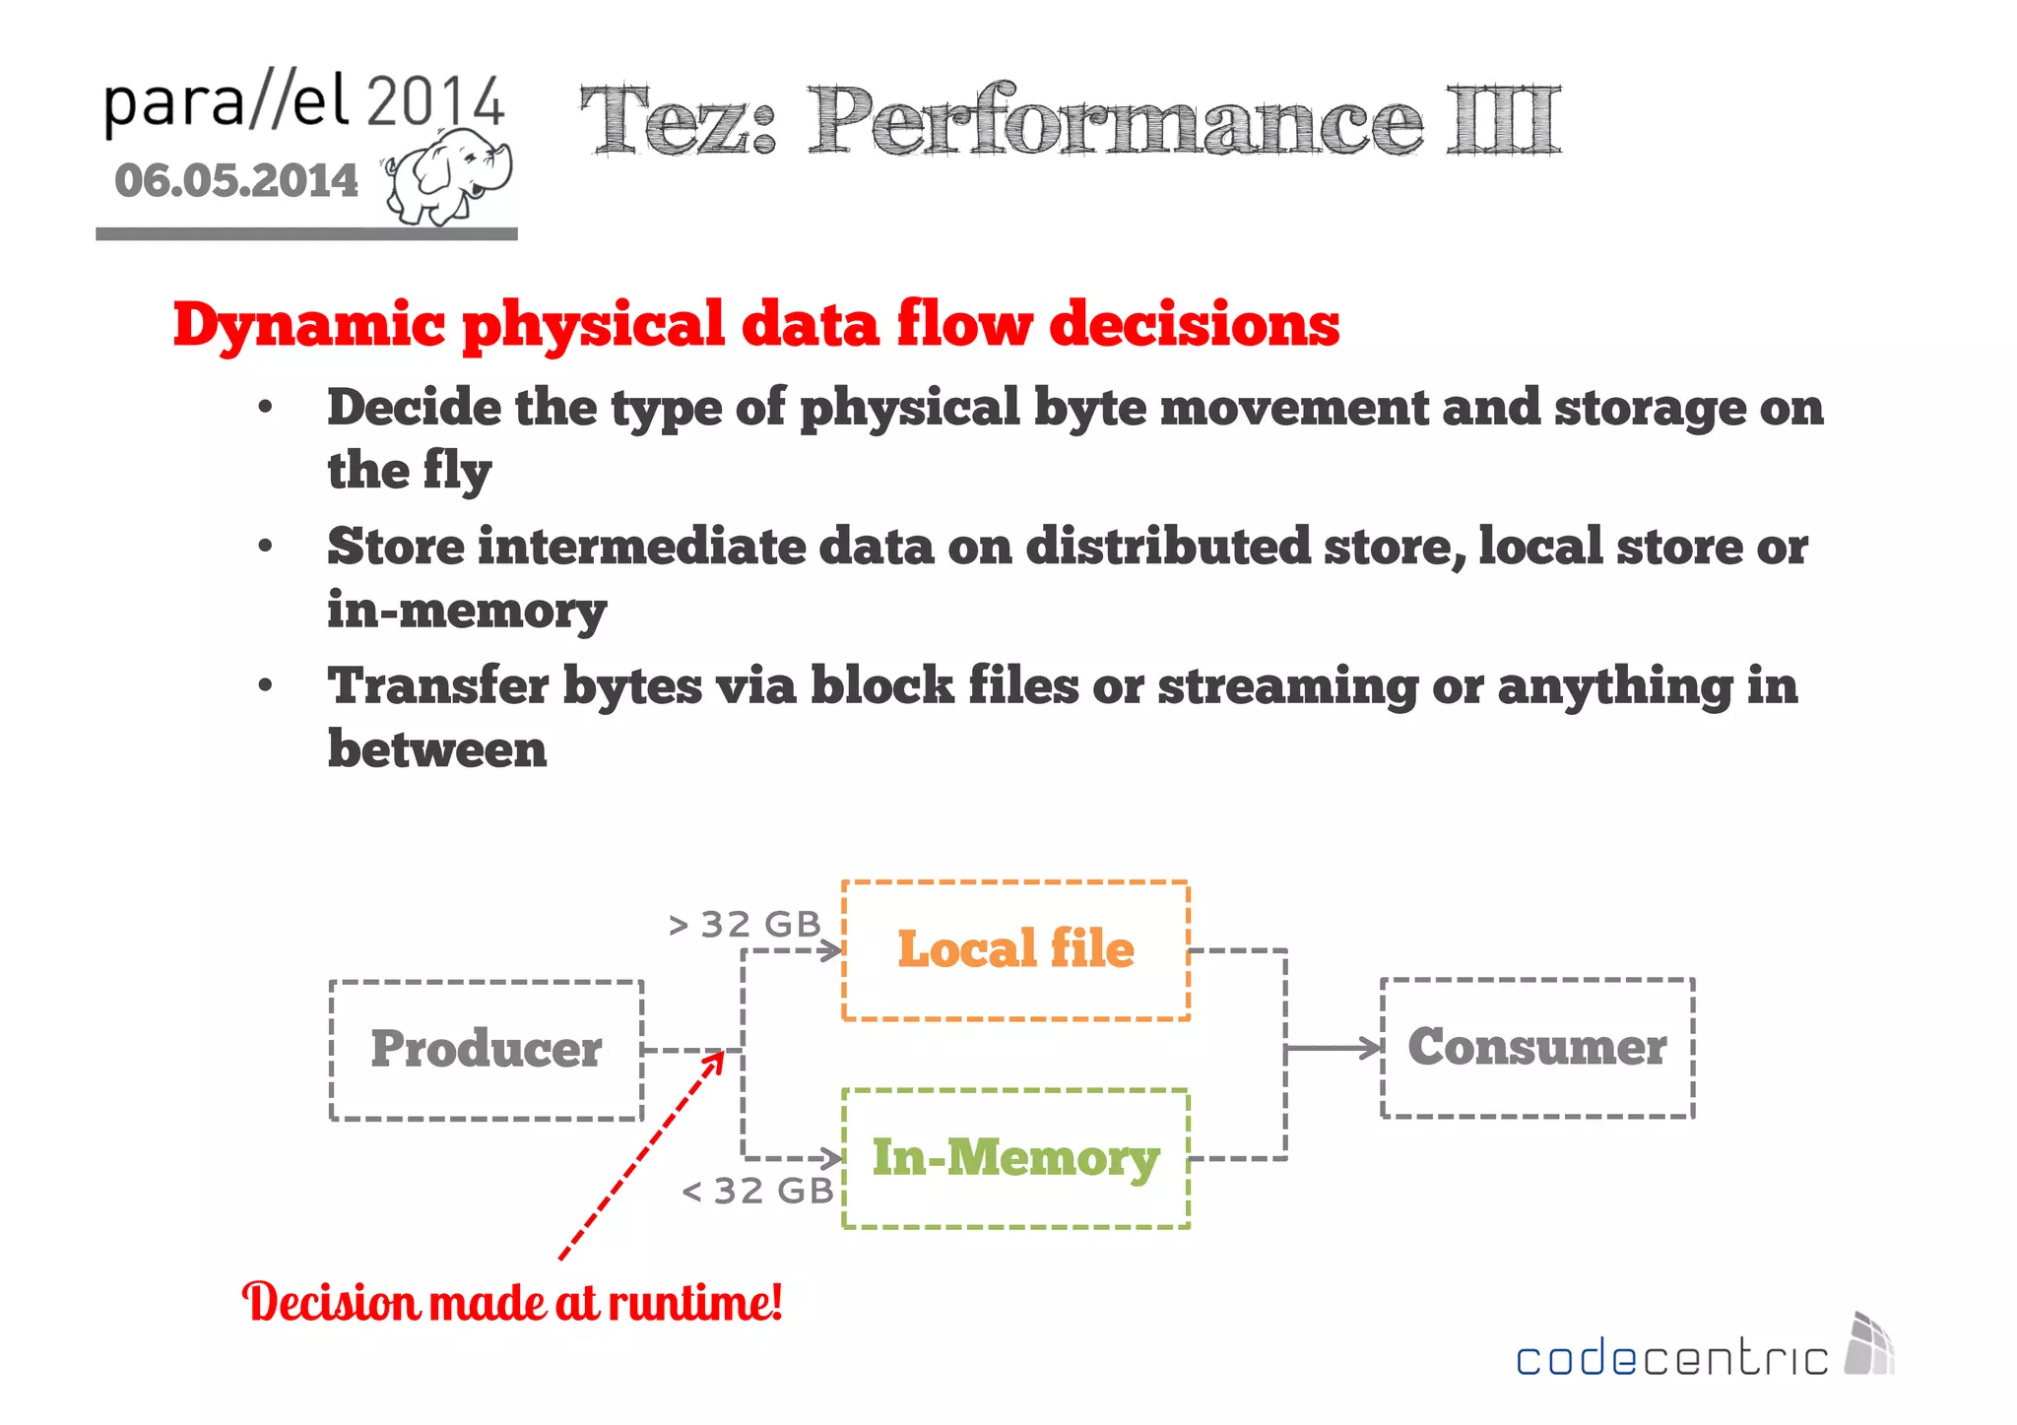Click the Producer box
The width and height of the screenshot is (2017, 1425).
pyautogui.click(x=487, y=1050)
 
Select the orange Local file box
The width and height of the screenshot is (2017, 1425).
pyautogui.click(x=1015, y=950)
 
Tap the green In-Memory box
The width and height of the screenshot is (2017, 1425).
pyautogui.click(x=1015, y=1158)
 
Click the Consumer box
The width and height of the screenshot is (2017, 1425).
pyautogui.click(x=1537, y=1047)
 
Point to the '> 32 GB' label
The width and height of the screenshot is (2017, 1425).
pyautogui.click(x=746, y=925)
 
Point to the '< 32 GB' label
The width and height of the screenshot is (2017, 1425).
pyautogui.click(x=758, y=1192)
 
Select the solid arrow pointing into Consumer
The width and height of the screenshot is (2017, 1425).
pyautogui.click(x=1334, y=1049)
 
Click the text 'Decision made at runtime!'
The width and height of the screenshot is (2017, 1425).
pyautogui.click(x=512, y=1303)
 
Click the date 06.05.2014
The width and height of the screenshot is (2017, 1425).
pyautogui.click(x=236, y=181)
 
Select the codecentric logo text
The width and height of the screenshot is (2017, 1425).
pyautogui.click(x=1671, y=1359)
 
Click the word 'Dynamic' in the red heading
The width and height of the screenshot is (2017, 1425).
pyautogui.click(x=309, y=325)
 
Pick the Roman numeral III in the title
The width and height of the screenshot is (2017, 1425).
pyautogui.click(x=1503, y=121)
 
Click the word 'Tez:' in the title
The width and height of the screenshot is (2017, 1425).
pyautogui.click(x=679, y=121)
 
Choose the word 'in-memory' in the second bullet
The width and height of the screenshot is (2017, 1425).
pyautogui.click(x=467, y=611)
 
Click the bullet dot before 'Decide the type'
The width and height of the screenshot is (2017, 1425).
pyautogui.click(x=265, y=408)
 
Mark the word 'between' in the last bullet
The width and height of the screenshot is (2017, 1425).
pyautogui.click(x=437, y=750)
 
